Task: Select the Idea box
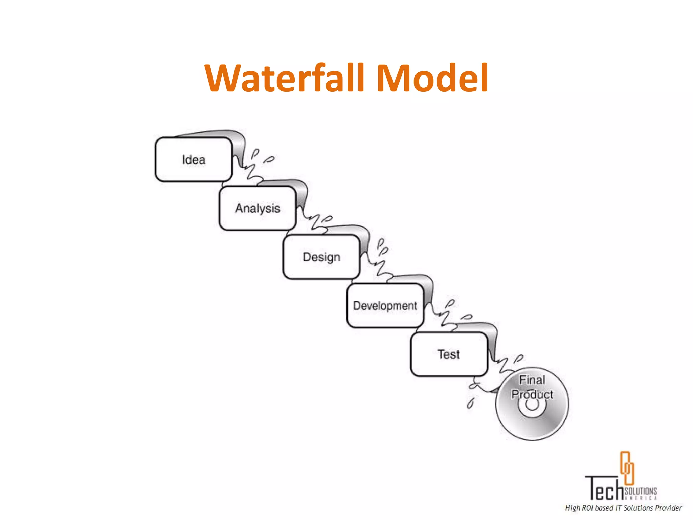click(194, 159)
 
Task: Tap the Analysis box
click(258, 208)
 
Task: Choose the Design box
click(321, 257)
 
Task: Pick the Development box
click(385, 306)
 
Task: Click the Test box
click(449, 354)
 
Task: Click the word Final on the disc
click(532, 380)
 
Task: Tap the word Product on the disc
click(532, 394)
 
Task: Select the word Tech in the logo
click(604, 489)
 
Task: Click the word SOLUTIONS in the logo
click(641, 491)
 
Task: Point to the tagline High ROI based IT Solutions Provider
click(623, 508)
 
